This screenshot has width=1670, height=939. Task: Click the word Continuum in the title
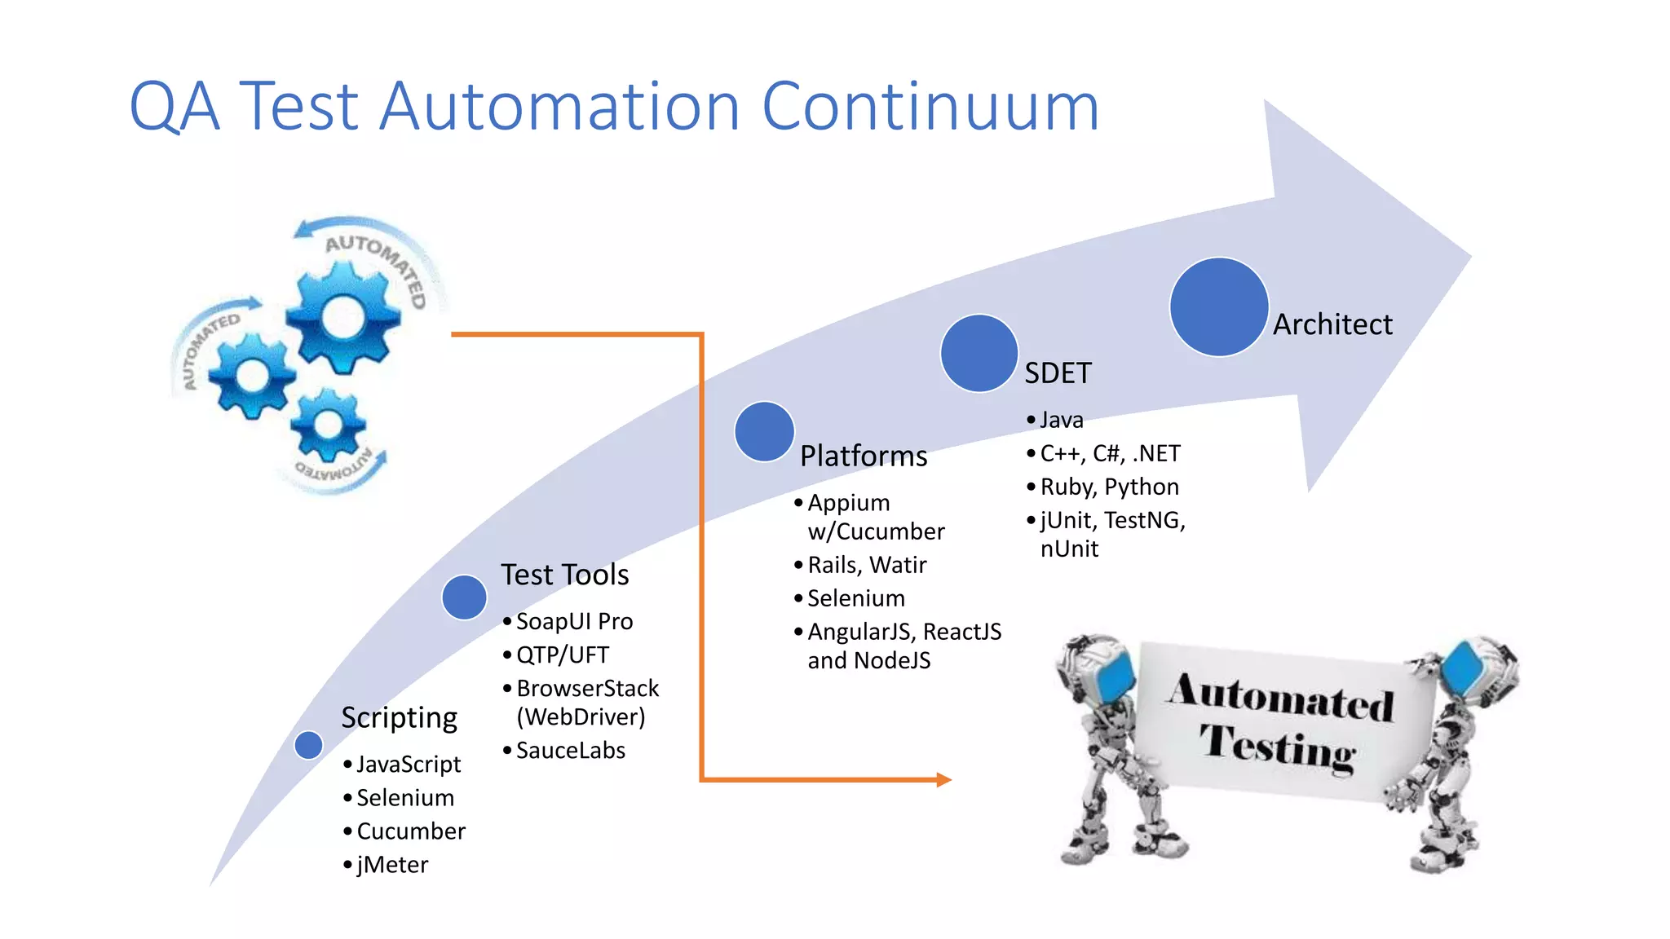[x=930, y=107]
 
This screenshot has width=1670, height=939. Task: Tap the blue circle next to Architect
[x=1218, y=307]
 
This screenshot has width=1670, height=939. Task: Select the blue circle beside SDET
[x=979, y=354]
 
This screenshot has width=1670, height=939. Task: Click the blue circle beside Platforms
[x=764, y=431]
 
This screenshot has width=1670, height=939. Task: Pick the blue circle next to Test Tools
[x=464, y=597]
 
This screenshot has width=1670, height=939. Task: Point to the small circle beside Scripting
[x=308, y=744]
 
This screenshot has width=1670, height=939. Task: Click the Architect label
[x=1332, y=324]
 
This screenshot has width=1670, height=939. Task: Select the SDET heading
[x=1058, y=373]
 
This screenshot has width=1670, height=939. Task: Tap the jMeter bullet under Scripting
[x=392, y=864]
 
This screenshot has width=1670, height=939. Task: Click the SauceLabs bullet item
[x=570, y=750]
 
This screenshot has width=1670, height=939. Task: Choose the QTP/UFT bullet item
[x=562, y=655]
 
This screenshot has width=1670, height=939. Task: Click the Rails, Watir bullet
[x=867, y=565]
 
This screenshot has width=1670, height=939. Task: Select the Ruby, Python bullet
[x=1109, y=487]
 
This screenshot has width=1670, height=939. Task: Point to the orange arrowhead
[x=943, y=780]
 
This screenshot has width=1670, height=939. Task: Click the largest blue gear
[x=343, y=316]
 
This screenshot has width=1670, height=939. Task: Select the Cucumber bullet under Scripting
[x=410, y=831]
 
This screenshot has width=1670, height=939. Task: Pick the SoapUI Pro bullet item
[x=574, y=621]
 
